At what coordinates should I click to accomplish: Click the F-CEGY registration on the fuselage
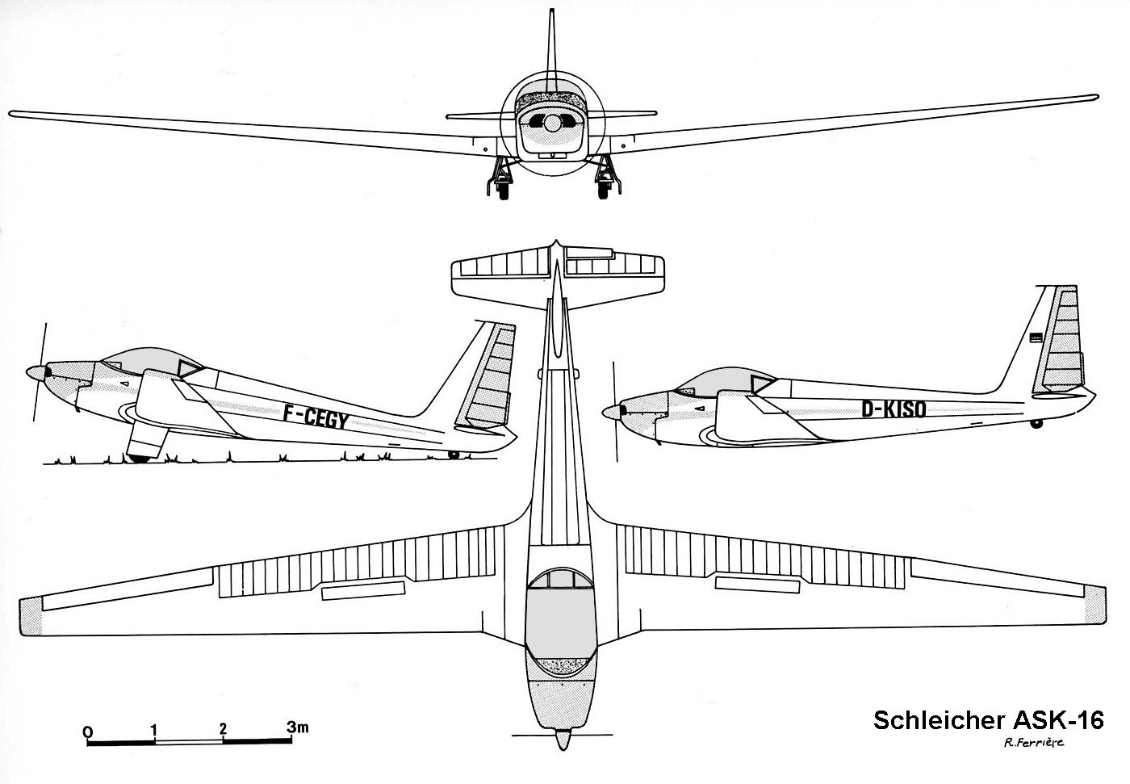pos(316,417)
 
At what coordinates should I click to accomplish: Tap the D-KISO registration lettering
pos(894,409)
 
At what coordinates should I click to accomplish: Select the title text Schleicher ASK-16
pos(988,720)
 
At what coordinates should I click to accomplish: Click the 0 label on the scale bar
pos(88,732)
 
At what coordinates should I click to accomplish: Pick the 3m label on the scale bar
pos(298,727)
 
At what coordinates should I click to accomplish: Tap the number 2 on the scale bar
pos(223,728)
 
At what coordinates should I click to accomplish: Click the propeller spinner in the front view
pos(552,123)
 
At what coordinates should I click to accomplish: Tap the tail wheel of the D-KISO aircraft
pos(1036,424)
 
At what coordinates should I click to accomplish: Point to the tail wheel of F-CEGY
pos(454,454)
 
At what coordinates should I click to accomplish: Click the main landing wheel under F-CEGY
pos(139,458)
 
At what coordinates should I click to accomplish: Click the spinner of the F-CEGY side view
pos(36,373)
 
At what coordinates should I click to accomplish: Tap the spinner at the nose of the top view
pos(563,739)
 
